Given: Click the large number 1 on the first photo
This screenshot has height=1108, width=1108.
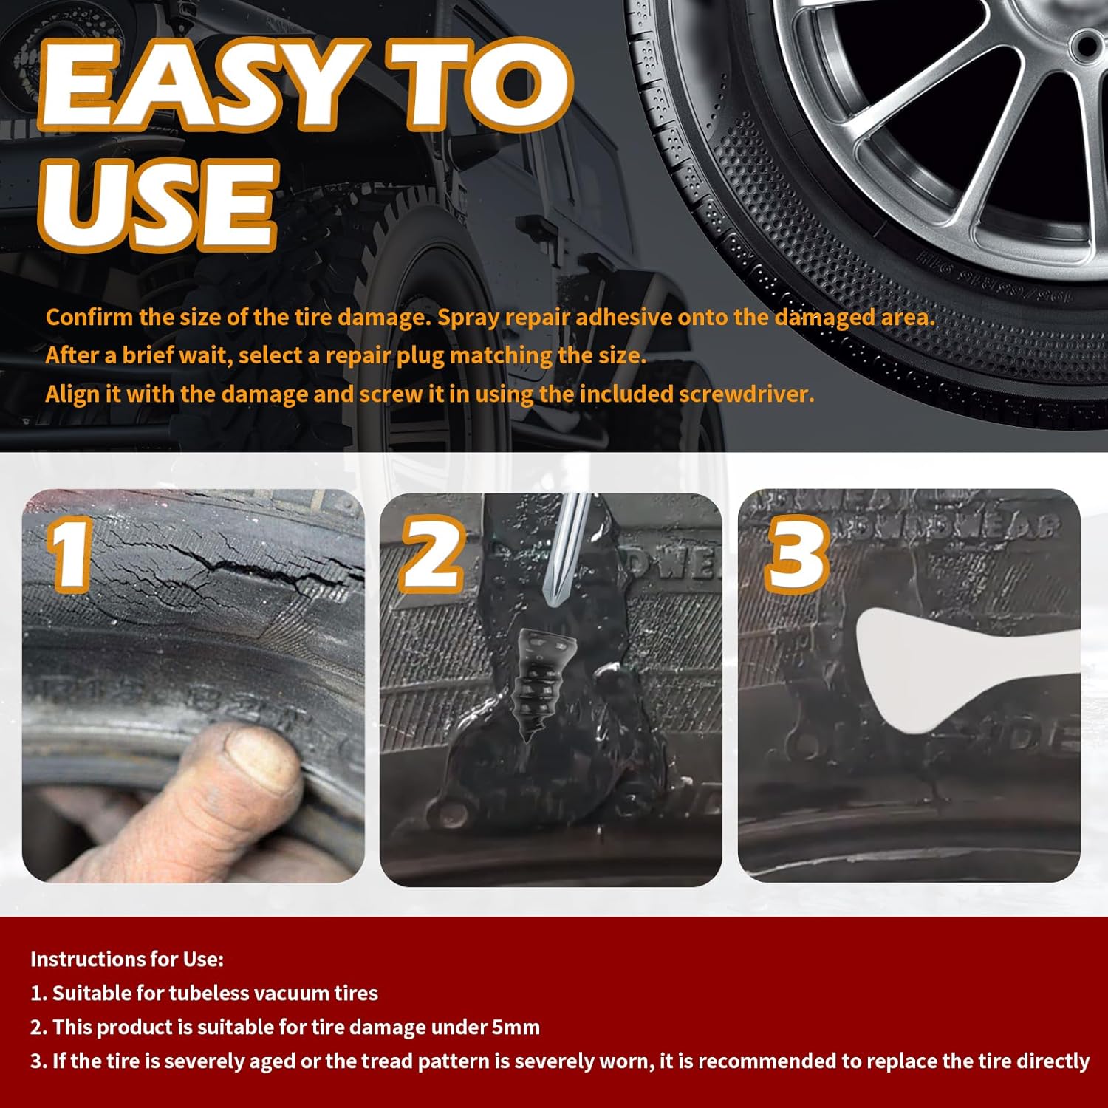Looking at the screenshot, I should click(70, 554).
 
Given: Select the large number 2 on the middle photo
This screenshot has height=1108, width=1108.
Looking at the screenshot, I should click(432, 554).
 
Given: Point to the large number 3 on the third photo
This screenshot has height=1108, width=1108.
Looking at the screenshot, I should click(796, 554).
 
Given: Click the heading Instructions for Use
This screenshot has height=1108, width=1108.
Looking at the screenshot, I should click(126, 959).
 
